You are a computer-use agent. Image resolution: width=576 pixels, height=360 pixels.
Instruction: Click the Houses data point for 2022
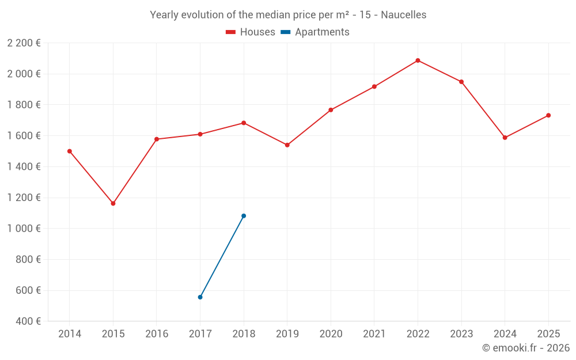pos(418,60)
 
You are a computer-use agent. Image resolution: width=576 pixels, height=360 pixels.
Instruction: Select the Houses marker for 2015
pos(113,203)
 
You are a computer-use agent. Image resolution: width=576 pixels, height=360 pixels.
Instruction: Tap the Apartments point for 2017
pos(200,297)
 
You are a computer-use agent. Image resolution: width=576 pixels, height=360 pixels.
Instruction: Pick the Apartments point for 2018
pos(244,216)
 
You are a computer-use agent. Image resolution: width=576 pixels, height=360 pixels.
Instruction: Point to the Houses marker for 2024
pos(505,138)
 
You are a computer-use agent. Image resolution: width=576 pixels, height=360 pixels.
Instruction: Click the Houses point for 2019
pos(287,145)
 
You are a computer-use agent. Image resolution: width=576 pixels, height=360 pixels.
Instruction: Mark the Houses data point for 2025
pos(548,115)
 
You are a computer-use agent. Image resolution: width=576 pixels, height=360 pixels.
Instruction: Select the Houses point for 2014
pos(70,151)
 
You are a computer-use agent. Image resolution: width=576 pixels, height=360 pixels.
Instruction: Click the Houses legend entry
pos(251,32)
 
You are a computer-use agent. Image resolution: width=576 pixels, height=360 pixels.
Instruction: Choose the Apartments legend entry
pos(315,32)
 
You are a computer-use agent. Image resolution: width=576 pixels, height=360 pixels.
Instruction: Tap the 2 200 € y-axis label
pos(24,43)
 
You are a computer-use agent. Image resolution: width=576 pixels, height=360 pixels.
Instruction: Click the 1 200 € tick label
pos(24,198)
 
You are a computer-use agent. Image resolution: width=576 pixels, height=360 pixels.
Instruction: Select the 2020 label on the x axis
pos(331,334)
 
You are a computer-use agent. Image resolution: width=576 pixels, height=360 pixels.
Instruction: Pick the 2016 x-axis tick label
pos(157,334)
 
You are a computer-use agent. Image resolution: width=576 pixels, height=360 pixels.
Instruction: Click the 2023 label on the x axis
pos(461,334)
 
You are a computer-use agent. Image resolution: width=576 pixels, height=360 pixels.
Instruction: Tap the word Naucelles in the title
pos(403,15)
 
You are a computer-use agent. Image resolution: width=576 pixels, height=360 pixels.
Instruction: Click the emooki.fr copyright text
pos(525,348)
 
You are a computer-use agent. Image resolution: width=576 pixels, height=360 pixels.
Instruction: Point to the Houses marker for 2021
pos(374,86)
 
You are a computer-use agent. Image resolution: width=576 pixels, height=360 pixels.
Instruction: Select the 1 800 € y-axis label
pos(24,105)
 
